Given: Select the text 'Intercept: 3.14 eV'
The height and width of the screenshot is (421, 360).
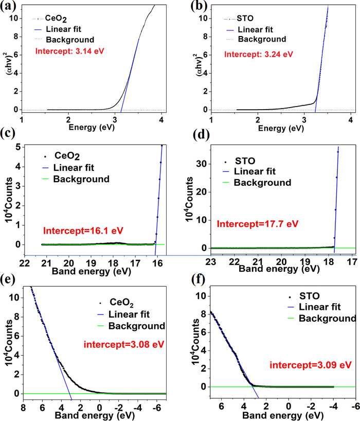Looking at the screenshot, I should pyautogui.click(x=66, y=51).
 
